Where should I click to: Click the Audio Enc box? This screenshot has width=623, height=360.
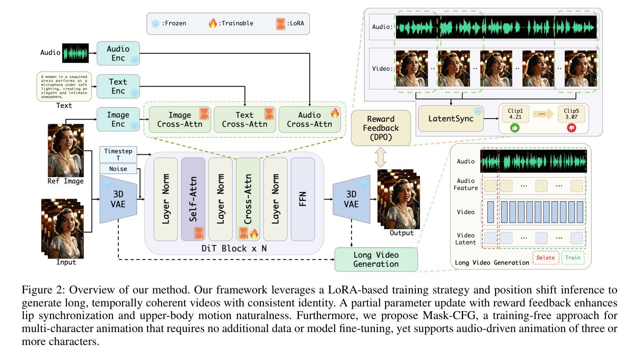click(118, 53)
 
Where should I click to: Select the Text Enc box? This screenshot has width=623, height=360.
click(118, 86)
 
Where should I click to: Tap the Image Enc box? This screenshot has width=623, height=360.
click(118, 119)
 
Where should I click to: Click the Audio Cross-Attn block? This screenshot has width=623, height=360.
click(309, 119)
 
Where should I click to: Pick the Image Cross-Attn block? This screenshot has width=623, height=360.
click(180, 119)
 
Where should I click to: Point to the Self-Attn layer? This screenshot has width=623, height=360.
click(193, 199)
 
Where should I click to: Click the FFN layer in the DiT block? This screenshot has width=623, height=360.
click(303, 199)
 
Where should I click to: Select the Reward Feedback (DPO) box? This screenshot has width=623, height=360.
click(380, 128)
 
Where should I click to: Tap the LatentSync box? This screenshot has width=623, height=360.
click(450, 119)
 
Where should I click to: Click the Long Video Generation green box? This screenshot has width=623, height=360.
click(376, 260)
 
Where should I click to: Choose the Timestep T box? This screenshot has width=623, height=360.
click(118, 154)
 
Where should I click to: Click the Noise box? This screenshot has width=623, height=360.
click(118, 169)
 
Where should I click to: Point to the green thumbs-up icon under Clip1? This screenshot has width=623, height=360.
click(515, 128)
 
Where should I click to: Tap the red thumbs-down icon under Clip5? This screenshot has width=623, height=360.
click(571, 128)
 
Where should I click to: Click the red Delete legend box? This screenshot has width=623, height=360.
click(545, 258)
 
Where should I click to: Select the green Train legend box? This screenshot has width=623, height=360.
click(573, 258)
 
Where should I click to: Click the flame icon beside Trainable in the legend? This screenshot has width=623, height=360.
click(213, 23)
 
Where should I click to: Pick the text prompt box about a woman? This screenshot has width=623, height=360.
click(64, 87)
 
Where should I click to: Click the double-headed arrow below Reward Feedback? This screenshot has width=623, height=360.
click(380, 157)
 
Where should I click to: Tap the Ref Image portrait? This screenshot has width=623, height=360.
click(65, 150)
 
